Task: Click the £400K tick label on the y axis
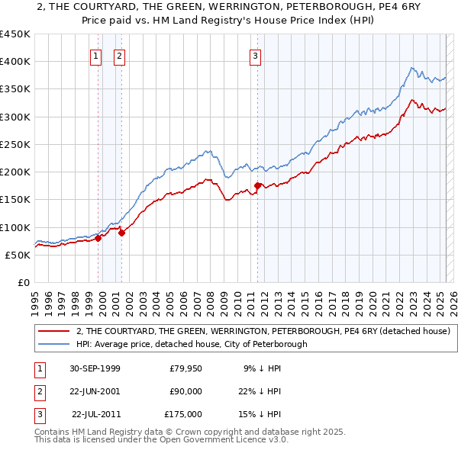[15, 62]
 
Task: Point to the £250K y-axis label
[15, 144]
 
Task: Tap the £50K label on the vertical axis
[18, 255]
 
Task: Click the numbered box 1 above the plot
[95, 56]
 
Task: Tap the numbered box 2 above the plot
[120, 56]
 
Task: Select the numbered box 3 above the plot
[254, 56]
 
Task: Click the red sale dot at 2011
[258, 185]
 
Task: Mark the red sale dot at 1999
[98, 238]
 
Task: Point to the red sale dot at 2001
[121, 233]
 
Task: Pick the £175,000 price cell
[183, 414]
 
